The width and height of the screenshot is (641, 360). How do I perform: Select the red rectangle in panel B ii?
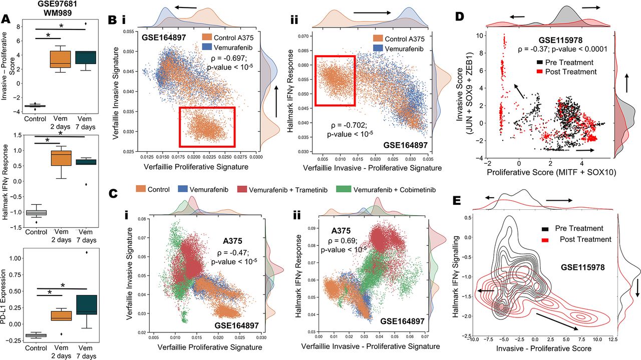click(335, 81)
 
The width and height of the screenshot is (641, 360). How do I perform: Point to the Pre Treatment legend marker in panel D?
click(524, 63)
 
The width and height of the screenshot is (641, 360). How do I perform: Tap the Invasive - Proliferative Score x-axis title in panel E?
click(545, 347)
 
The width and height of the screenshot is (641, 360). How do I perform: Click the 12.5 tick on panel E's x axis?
click(614, 339)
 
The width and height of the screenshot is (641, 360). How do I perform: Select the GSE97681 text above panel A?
click(42, 5)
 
